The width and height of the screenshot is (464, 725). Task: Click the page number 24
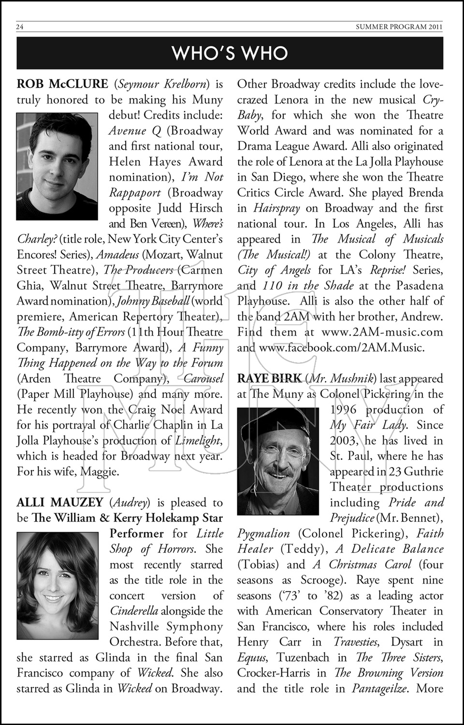point(20,27)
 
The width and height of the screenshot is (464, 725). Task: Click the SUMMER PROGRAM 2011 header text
point(399,27)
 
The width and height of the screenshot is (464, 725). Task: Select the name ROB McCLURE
point(62,84)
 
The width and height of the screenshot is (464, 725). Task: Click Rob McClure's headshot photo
point(57,166)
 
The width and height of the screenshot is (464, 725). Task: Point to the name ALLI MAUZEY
point(60,503)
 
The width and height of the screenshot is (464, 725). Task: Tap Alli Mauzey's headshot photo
point(57,586)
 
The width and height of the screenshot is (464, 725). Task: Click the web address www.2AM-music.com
point(382,333)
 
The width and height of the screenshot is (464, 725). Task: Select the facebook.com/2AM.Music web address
point(342,348)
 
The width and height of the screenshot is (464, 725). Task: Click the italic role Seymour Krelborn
point(163,84)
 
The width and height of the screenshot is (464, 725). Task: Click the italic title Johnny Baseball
point(153,302)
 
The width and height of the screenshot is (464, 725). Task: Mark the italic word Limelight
point(198,441)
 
